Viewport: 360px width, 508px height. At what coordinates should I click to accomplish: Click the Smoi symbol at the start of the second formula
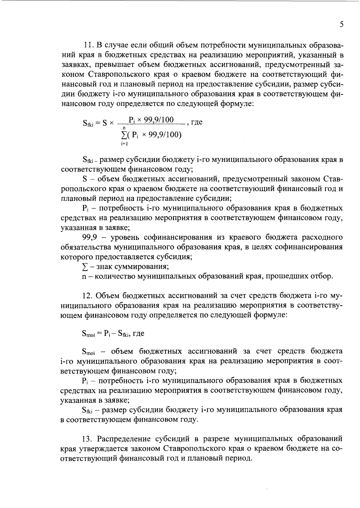(88, 334)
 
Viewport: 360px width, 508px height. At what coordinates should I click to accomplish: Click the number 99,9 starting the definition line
(89, 238)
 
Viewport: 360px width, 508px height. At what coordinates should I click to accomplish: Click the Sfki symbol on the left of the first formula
(88, 123)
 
